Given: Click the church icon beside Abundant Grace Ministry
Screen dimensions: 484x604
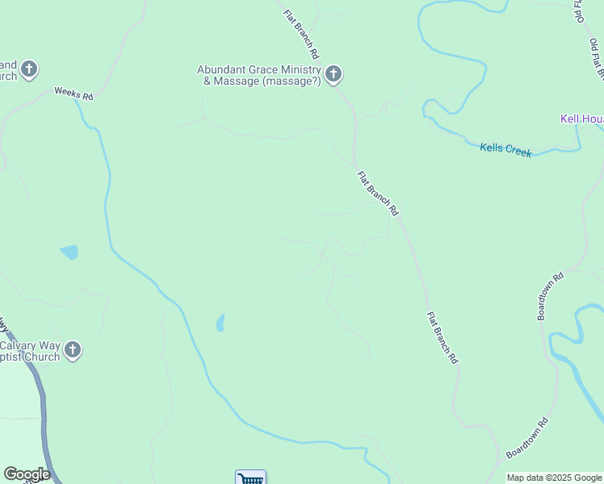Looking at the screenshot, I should point(333,75).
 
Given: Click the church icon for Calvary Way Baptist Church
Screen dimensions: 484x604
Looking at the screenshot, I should point(73,350).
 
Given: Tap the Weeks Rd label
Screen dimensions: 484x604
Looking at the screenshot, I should point(74,94).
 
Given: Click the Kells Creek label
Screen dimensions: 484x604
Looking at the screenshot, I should point(505,149).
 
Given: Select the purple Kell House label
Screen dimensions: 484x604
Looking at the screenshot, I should point(582,119).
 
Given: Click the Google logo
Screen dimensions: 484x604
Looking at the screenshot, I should point(27,474).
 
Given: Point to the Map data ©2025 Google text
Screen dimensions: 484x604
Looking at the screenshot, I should point(554,478).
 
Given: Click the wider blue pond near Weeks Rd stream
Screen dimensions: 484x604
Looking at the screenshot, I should point(69,252).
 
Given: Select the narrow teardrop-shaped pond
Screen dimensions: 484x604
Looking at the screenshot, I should point(220,323).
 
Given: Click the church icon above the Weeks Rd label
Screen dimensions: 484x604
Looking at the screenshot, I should point(29,69).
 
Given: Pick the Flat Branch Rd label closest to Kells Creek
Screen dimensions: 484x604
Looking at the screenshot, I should point(378,193).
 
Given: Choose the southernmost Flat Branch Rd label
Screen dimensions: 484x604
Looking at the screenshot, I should point(443,339).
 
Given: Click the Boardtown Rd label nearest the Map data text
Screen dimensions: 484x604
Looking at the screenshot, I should point(526,438).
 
